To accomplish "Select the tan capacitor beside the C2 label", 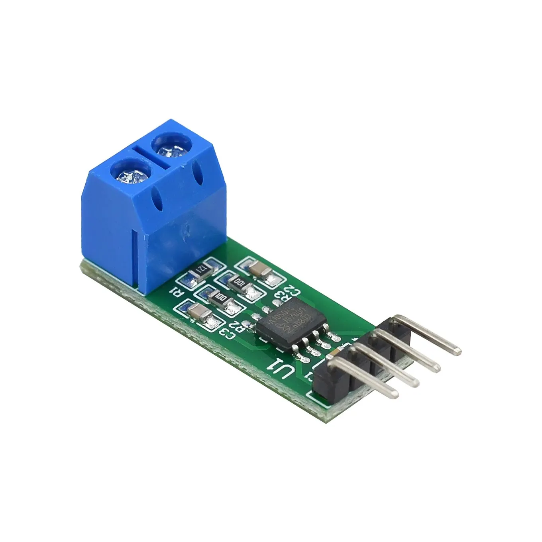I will [258, 271].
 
